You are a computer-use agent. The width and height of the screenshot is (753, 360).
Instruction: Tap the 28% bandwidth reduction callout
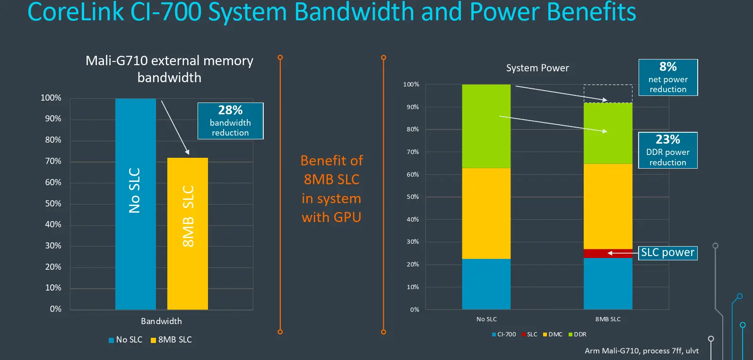(x=230, y=121)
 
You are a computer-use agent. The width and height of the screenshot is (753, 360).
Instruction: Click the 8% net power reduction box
(x=668, y=77)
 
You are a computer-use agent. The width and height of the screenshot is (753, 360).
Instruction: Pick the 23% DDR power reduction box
(x=667, y=150)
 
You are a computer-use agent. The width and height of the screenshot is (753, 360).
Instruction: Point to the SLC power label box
(x=667, y=253)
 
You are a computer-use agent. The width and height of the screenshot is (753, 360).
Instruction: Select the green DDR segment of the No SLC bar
(x=486, y=126)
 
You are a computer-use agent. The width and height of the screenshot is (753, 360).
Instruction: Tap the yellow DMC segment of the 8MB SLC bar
(x=608, y=206)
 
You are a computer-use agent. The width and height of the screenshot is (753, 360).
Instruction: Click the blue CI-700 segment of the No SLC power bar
(x=486, y=284)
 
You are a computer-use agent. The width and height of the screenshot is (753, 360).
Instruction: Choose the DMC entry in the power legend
(x=553, y=334)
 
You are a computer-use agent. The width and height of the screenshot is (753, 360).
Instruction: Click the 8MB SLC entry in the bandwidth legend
(x=171, y=340)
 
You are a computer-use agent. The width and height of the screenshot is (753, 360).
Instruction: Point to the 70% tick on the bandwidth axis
(x=53, y=161)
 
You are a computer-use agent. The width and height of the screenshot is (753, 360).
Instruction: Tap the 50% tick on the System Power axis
(x=413, y=197)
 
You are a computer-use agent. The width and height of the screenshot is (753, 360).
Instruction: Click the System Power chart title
(x=537, y=68)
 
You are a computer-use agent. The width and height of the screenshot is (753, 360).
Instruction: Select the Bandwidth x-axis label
(x=161, y=321)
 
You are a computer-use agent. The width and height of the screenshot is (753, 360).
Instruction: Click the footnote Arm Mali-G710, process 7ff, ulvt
(x=641, y=351)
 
